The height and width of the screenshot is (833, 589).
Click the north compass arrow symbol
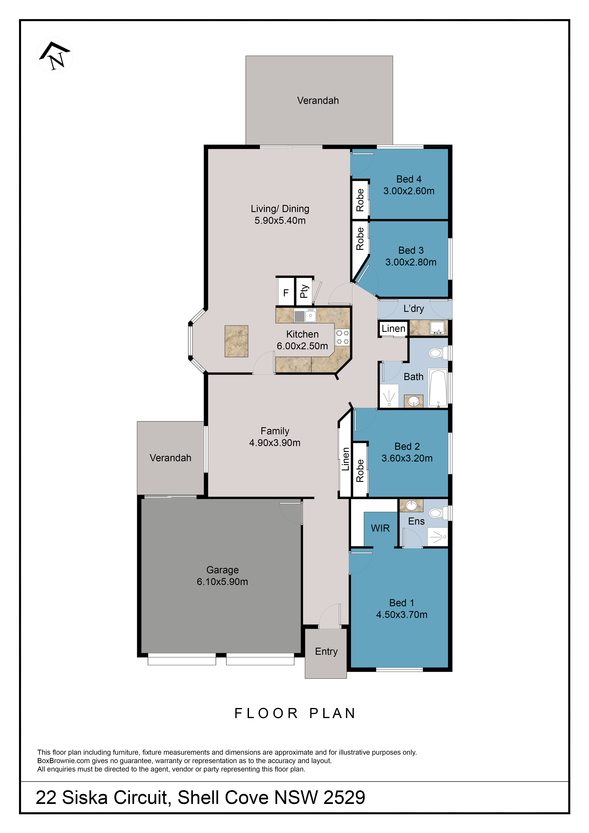tap(55, 55)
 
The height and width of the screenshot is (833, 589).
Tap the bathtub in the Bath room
tap(438, 388)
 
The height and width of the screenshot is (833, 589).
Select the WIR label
tap(380, 528)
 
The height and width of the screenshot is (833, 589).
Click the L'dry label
tap(413, 309)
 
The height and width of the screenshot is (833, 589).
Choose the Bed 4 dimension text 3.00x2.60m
tap(409, 191)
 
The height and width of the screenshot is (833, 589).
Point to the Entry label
tap(326, 652)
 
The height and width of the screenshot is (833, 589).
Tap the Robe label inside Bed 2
tap(360, 471)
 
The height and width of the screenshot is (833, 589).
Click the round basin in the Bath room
tap(413, 401)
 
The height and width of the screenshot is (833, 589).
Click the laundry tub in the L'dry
tap(437, 328)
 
